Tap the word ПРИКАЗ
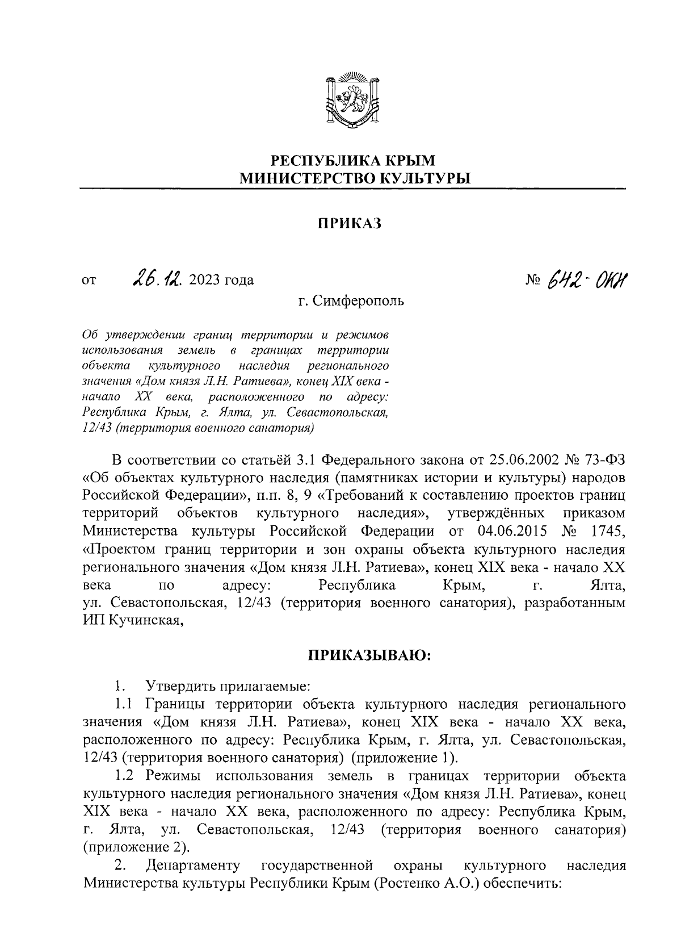350,224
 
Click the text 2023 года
222,280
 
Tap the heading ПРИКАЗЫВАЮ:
370,656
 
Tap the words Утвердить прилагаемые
227,687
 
